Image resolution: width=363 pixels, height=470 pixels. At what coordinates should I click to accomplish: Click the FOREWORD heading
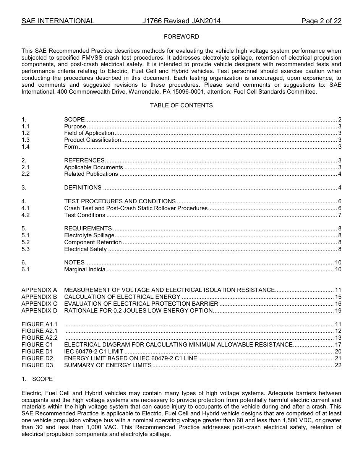point(181,37)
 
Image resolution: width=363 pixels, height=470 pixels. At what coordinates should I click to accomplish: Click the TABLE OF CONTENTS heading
point(181,105)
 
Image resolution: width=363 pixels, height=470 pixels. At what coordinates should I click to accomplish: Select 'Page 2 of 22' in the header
point(321,21)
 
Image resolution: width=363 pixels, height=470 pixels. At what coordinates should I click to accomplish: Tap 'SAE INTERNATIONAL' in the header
point(58,21)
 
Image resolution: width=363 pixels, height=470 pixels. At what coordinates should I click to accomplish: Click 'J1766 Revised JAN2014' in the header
point(181,21)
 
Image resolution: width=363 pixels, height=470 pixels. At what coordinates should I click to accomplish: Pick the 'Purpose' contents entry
point(75,126)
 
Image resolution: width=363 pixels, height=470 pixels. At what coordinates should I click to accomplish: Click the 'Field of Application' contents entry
point(89,133)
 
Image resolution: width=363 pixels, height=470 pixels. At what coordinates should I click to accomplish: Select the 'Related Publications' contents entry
point(91,174)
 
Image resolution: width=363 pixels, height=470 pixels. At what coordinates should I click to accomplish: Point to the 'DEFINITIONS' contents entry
point(83,188)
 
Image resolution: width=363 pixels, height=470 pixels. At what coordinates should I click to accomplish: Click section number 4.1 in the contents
point(26,208)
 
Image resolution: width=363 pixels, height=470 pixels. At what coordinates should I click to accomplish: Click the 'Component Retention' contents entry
point(93,242)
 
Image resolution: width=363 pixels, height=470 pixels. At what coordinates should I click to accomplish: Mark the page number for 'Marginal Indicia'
point(338,269)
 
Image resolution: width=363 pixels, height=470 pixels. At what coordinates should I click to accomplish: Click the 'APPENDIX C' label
point(39,304)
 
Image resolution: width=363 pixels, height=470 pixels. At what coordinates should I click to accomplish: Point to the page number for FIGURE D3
point(338,365)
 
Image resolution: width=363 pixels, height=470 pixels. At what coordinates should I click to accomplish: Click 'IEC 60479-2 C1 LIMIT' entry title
point(94,352)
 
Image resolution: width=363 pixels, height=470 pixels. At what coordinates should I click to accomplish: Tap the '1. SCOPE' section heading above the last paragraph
point(37,379)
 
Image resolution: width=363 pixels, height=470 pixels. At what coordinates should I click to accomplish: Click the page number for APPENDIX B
point(338,297)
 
